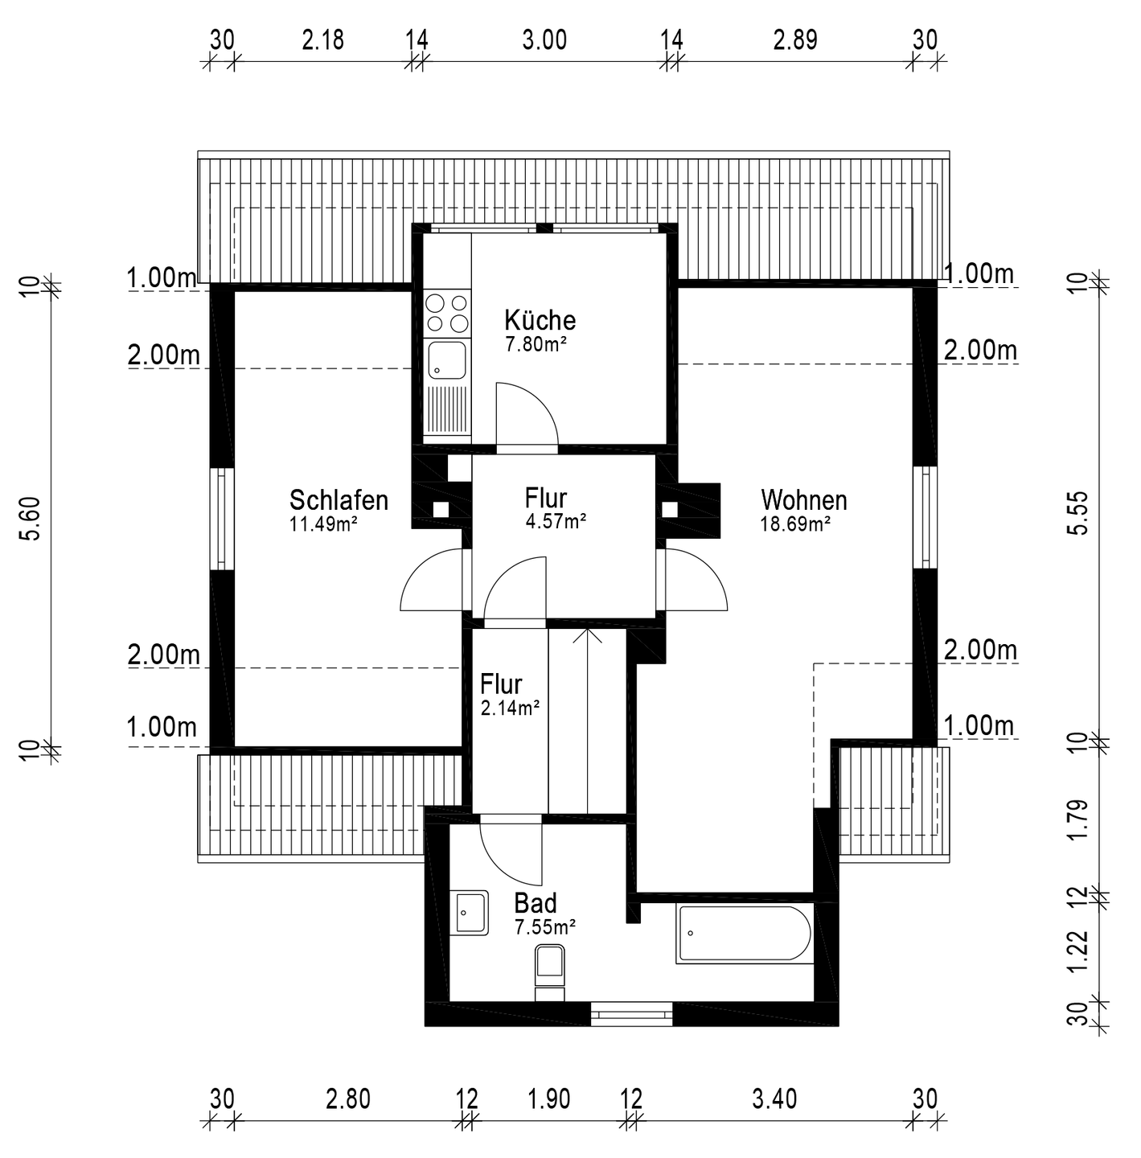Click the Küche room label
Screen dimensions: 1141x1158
[540, 320]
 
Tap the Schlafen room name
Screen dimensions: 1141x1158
[339, 500]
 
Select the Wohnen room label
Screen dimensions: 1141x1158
[804, 500]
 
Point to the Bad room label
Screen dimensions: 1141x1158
[535, 903]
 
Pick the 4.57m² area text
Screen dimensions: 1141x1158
[556, 521]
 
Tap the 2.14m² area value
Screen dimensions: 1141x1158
[510, 708]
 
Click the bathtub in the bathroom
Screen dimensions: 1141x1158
[745, 934]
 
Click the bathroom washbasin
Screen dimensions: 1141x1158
[469, 913]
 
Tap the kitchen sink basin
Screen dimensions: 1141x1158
[446, 360]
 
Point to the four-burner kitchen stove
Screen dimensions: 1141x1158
[446, 313]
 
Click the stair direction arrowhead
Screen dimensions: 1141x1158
[587, 636]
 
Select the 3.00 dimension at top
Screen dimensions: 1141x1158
[544, 40]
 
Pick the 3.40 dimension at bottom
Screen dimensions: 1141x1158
[774, 1099]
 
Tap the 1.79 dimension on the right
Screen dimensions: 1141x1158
[1080, 820]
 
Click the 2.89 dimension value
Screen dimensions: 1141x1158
[794, 40]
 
